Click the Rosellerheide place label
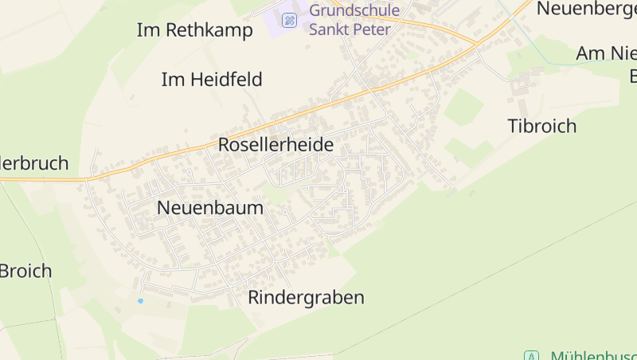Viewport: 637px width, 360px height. [276, 145]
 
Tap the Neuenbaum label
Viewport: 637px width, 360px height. [209, 208]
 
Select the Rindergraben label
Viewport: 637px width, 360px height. [306, 298]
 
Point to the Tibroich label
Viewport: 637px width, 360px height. [541, 126]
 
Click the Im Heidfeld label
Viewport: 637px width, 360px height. [211, 80]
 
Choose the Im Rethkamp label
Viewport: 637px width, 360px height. [194, 30]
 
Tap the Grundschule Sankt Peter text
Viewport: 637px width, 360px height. [354, 20]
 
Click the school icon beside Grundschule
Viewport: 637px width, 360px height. [290, 20]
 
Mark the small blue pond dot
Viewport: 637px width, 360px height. [140, 301]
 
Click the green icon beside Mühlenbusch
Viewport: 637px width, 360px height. [531, 355]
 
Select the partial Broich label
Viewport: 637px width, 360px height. [25, 271]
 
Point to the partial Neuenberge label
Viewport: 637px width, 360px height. [586, 8]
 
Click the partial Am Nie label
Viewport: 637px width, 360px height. [605, 53]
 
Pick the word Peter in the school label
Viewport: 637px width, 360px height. [373, 29]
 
